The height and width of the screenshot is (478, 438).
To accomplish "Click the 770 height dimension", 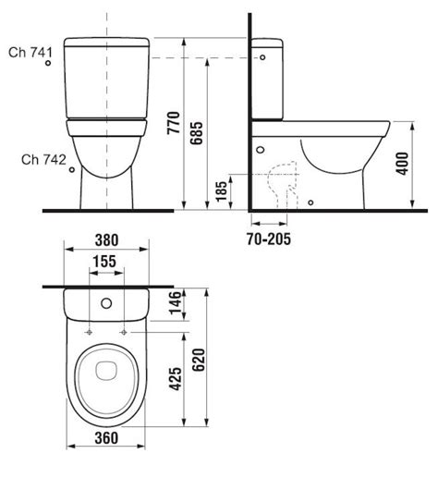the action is click(174, 123).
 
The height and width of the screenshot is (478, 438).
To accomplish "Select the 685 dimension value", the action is click(197, 133).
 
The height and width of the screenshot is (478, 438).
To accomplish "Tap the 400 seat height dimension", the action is click(402, 164).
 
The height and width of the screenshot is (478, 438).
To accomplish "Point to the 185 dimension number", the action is click(221, 191).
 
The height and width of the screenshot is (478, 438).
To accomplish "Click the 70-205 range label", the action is click(269, 239).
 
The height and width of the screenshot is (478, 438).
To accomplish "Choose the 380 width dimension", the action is click(106, 240).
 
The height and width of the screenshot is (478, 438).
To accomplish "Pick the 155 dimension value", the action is click(104, 262).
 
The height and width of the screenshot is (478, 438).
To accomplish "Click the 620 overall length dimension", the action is click(199, 360).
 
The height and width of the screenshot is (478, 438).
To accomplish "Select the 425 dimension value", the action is click(176, 379).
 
